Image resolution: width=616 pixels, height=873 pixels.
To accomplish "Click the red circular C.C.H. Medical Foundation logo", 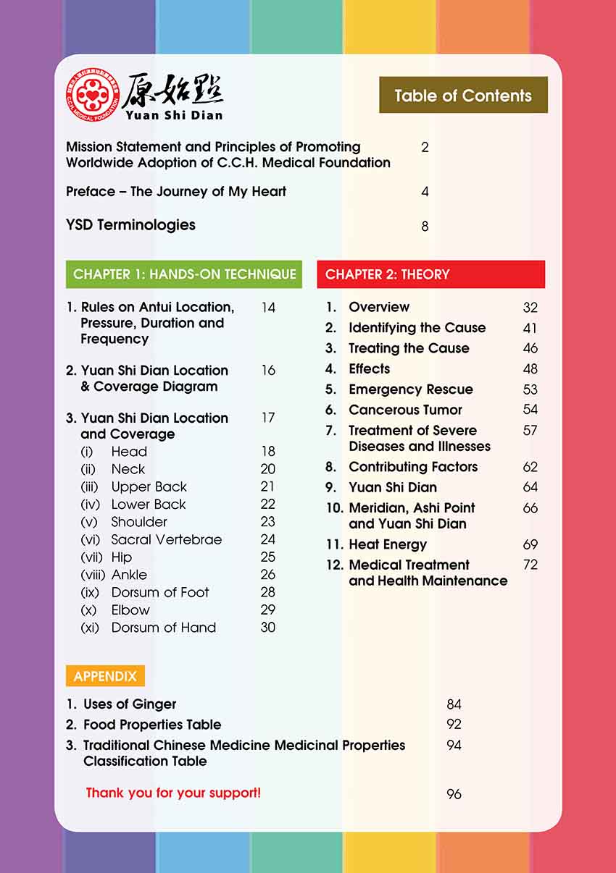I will click(x=91, y=95).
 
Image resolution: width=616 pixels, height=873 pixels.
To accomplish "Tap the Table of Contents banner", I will click(x=463, y=96).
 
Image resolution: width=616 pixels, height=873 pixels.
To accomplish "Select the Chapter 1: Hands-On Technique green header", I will click(x=184, y=274).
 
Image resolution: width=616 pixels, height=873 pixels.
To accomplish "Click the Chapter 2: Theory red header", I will click(x=430, y=274).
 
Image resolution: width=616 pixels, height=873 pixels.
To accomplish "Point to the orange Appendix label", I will click(x=105, y=676).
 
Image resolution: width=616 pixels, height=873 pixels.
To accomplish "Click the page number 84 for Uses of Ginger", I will click(x=454, y=704).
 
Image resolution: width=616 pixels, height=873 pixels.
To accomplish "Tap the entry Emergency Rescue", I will click(x=410, y=389).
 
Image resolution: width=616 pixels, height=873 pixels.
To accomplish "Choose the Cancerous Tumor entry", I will click(x=405, y=410).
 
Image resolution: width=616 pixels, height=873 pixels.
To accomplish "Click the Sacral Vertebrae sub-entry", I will click(x=166, y=539).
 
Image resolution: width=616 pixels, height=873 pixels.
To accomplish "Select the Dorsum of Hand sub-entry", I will click(x=163, y=628).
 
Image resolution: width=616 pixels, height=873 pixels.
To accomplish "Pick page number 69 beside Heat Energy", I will click(x=530, y=544).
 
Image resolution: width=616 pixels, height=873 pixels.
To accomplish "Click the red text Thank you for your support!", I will click(x=173, y=793).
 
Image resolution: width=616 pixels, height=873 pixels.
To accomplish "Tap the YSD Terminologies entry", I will click(x=130, y=225).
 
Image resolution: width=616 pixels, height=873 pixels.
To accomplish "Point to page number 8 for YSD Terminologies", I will click(x=425, y=227).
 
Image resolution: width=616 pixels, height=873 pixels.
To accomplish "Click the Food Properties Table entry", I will click(x=152, y=725).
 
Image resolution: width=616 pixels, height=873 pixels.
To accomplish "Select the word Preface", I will click(x=91, y=192).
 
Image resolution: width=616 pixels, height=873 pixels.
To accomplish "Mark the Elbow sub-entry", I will click(x=130, y=610).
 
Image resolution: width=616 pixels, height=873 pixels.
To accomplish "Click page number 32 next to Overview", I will click(x=530, y=308).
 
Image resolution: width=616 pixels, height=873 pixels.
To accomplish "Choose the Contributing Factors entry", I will click(x=413, y=467).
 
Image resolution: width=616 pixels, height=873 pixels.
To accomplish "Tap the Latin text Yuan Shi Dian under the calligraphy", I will click(x=173, y=114).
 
